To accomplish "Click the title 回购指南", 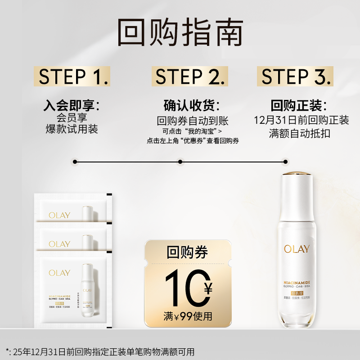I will (x=180, y=32).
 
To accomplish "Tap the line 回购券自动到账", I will (x=193, y=121).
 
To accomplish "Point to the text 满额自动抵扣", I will (x=300, y=134).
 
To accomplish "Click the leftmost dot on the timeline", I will (x=75, y=161).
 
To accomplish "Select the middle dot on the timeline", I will (x=180, y=161).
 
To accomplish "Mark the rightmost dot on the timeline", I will (x=285, y=161).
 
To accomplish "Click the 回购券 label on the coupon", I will (x=187, y=252).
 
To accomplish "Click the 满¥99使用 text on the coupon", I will (x=188, y=316).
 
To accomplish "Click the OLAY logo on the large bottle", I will (x=297, y=248).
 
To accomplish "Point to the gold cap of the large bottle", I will (x=297, y=174).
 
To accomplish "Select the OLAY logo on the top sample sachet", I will (x=59, y=215).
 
